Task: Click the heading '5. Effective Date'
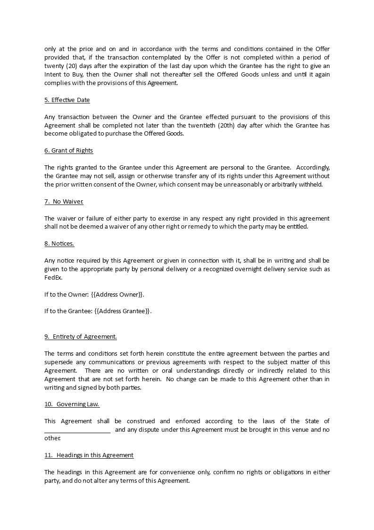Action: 67,100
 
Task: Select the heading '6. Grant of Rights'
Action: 68,150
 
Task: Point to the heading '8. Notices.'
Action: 59,243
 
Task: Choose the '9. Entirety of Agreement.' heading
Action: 80,336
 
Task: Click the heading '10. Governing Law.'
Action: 72,404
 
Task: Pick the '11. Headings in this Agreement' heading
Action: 89,455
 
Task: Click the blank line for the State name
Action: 77,430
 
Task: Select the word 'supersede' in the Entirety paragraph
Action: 58,362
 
